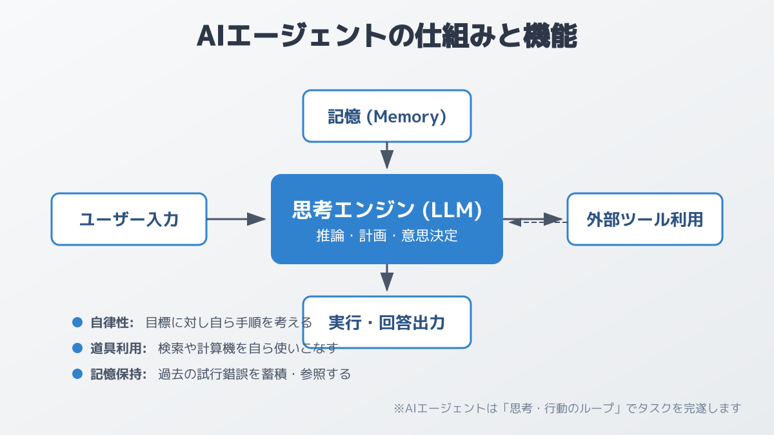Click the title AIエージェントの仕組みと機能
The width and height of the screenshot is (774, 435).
pos(386,36)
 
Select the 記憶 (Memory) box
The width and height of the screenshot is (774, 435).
pos(387,116)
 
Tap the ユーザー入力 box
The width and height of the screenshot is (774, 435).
pos(129,219)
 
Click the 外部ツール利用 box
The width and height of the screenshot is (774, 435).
pos(645,219)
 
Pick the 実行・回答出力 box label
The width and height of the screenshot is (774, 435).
pos(387,322)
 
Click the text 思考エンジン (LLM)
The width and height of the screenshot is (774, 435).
pos(387,209)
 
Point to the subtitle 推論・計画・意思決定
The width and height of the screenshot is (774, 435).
pos(387,236)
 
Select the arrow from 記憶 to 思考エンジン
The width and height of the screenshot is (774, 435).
pos(387,155)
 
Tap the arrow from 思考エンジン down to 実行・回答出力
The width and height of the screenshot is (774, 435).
pos(387,278)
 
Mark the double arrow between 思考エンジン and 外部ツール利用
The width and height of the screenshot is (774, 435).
pos(535,220)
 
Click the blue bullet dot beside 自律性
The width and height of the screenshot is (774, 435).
pos(77,322)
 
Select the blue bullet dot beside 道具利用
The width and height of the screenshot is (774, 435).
pos(77,348)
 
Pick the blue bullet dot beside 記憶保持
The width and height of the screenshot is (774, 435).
pos(77,374)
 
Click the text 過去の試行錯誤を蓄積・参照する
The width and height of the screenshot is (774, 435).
pos(254,374)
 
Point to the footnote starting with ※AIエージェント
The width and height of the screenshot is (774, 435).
pos(568,408)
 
